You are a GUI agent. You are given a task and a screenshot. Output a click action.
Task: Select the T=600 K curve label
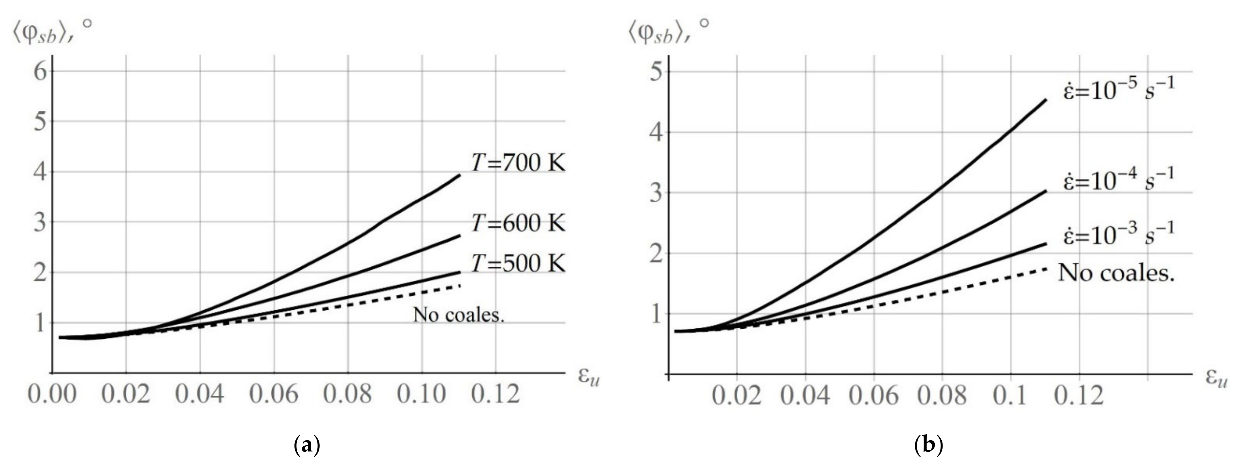(518, 223)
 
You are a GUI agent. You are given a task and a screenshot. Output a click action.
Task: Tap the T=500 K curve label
(518, 263)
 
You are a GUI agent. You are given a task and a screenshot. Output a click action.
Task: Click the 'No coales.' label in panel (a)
(458, 315)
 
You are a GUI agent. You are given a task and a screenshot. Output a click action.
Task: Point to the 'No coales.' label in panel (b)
(1116, 274)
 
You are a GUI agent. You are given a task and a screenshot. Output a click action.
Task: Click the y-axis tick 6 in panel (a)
(40, 72)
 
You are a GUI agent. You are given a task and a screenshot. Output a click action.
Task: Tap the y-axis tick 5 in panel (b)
(656, 72)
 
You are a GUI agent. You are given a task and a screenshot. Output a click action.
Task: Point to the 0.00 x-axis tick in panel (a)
(52, 394)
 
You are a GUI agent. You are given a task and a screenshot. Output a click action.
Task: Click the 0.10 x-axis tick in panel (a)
(422, 394)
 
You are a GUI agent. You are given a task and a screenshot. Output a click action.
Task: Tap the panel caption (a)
(307, 445)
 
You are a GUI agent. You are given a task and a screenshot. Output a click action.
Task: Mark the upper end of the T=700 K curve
(460, 175)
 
